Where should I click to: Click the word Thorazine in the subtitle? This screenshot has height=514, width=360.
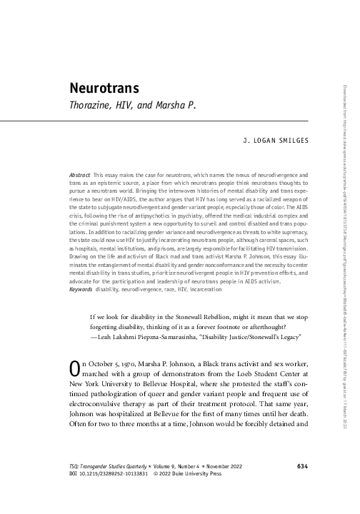(x=91, y=109)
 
